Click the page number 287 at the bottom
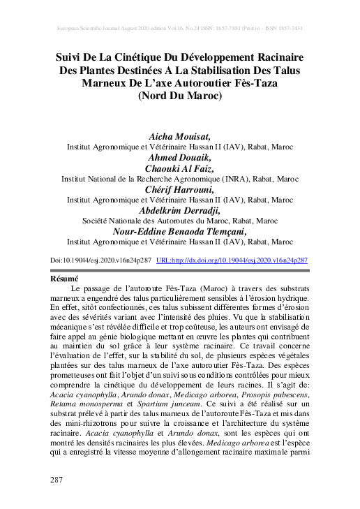point(58,480)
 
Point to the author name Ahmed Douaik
point(180,158)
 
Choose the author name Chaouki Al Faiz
point(180,168)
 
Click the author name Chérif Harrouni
point(180,189)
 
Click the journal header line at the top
point(180,29)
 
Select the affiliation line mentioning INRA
point(180,179)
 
